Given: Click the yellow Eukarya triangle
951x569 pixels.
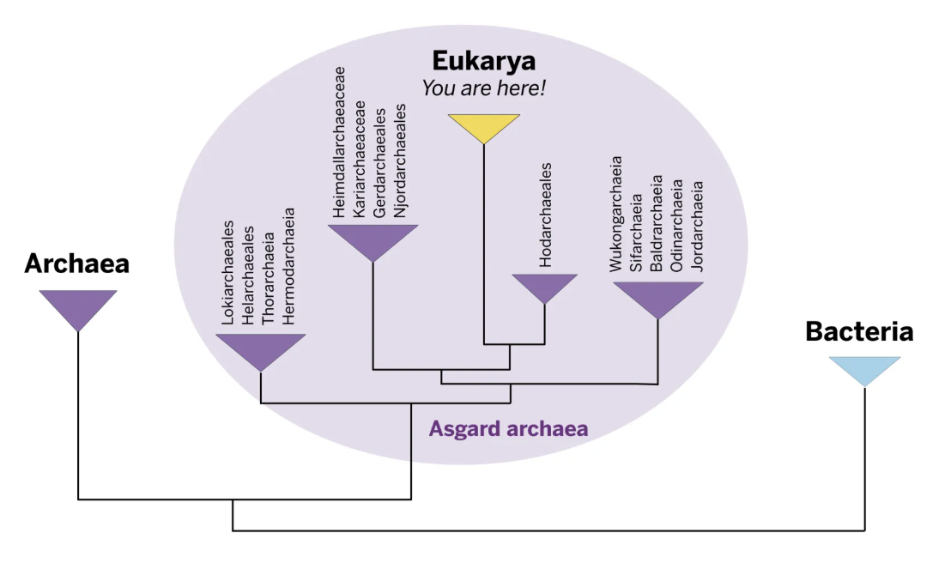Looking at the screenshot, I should pyautogui.click(x=484, y=126).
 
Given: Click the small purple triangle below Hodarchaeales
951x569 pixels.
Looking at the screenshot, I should pyautogui.click(x=544, y=286).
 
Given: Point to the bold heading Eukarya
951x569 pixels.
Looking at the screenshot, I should pyautogui.click(x=483, y=61).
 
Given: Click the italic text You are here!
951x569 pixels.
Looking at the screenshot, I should pyautogui.click(x=483, y=88).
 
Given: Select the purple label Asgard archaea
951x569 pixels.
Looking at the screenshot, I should pyautogui.click(x=509, y=428).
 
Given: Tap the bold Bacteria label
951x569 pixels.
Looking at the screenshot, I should pyautogui.click(x=858, y=332).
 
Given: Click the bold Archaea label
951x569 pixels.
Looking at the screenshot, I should pyautogui.click(x=76, y=263).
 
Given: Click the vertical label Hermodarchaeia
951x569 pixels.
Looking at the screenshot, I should pyautogui.click(x=289, y=267).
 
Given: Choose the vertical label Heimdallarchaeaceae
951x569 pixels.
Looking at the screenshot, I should pyautogui.click(x=339, y=142).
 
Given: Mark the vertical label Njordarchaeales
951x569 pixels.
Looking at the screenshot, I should pyautogui.click(x=400, y=162).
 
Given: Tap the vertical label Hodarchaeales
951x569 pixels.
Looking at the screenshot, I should pyautogui.click(x=545, y=215).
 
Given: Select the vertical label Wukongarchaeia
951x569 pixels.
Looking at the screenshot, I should pyautogui.click(x=615, y=215).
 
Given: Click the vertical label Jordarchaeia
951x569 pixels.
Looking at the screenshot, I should pyautogui.click(x=698, y=226).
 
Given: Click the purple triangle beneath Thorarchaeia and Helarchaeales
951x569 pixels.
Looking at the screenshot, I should pyautogui.click(x=260, y=348).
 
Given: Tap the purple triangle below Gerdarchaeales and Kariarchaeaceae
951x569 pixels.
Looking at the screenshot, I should pyautogui.click(x=373, y=239).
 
